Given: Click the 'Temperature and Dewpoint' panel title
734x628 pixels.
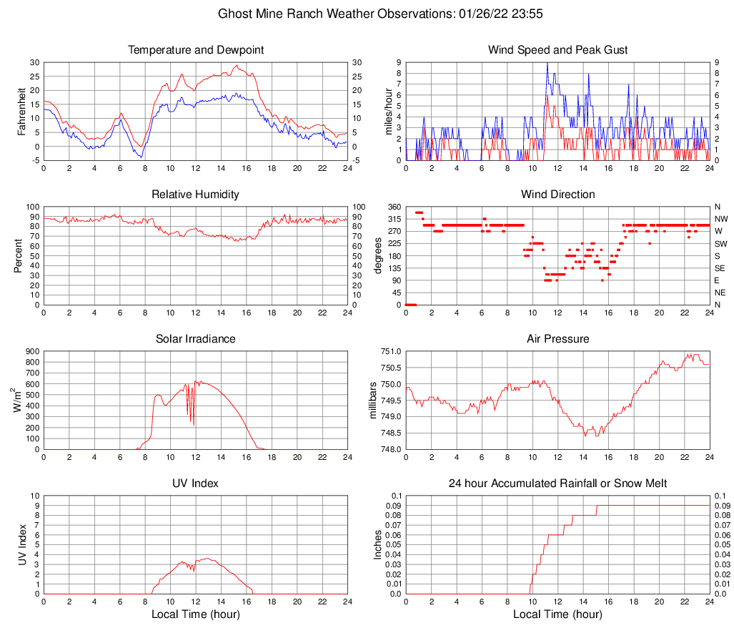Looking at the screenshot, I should (x=195, y=50).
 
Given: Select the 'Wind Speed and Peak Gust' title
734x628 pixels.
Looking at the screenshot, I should (x=557, y=50).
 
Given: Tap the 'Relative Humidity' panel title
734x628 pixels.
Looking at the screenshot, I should (x=195, y=195).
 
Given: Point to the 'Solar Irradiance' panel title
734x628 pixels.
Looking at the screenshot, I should (x=195, y=339).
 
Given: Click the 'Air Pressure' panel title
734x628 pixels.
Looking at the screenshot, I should (x=557, y=339).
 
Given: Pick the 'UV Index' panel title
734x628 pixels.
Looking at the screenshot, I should (x=195, y=484).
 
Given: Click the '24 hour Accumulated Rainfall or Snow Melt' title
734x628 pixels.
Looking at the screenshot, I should (x=557, y=484).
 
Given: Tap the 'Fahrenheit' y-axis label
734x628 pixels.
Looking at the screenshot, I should (x=21, y=112).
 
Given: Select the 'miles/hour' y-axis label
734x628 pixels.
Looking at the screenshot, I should (x=390, y=112).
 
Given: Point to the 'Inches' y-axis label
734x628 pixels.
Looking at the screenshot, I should (x=378, y=545).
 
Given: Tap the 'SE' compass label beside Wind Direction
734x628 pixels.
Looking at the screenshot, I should (x=720, y=268).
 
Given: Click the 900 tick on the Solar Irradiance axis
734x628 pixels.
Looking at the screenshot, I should (x=31, y=351).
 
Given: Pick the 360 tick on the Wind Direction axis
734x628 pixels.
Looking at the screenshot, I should (x=392, y=207).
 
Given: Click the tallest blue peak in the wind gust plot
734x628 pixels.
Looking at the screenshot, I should (x=547, y=63).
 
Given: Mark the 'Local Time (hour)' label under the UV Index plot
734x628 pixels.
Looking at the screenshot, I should (x=195, y=614).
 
